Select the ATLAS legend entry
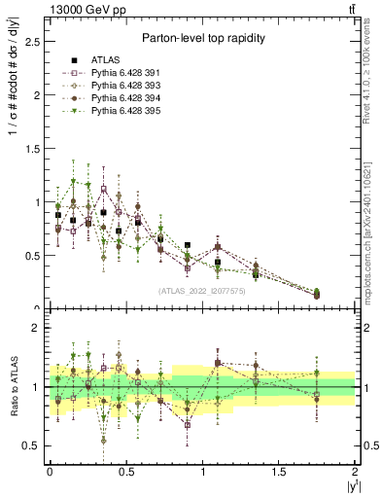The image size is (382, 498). point(108,60)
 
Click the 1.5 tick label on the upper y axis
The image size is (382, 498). point(33,149)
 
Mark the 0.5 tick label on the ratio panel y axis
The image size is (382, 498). point(33,445)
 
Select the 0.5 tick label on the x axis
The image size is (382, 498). point(125,471)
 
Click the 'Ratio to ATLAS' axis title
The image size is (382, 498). point(13,390)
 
